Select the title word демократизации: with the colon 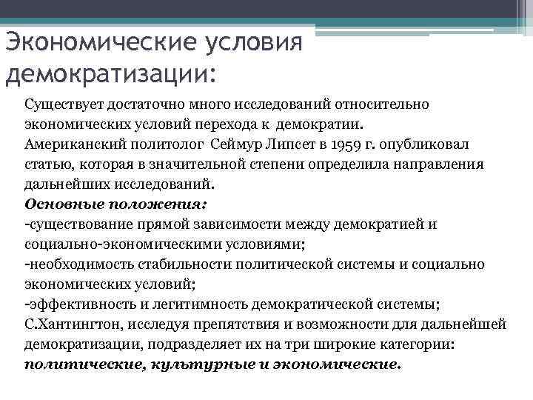pyautogui.click(x=111, y=74)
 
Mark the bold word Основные pyautogui.click(x=58, y=203)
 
